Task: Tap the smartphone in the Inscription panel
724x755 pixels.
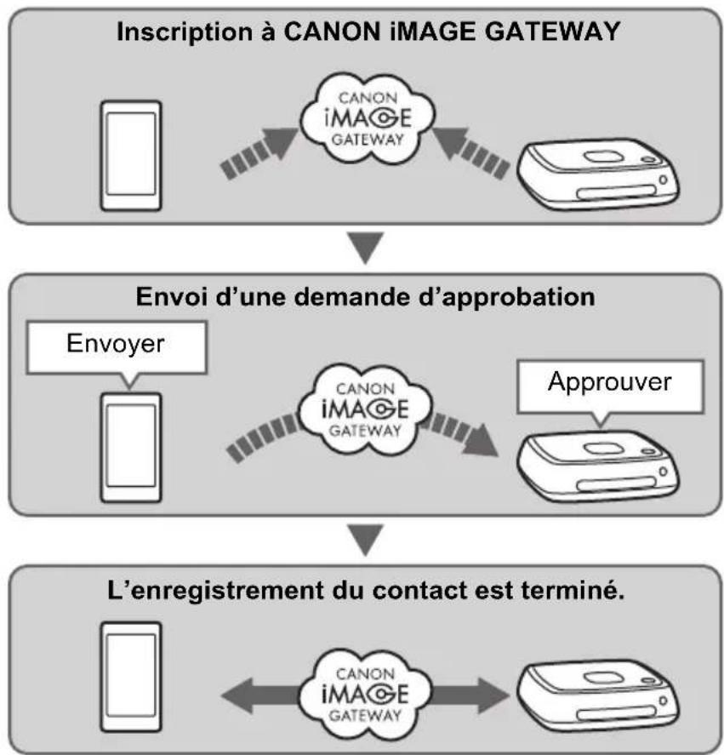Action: pos(130,155)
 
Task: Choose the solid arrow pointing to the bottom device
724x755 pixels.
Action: pos(476,687)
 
